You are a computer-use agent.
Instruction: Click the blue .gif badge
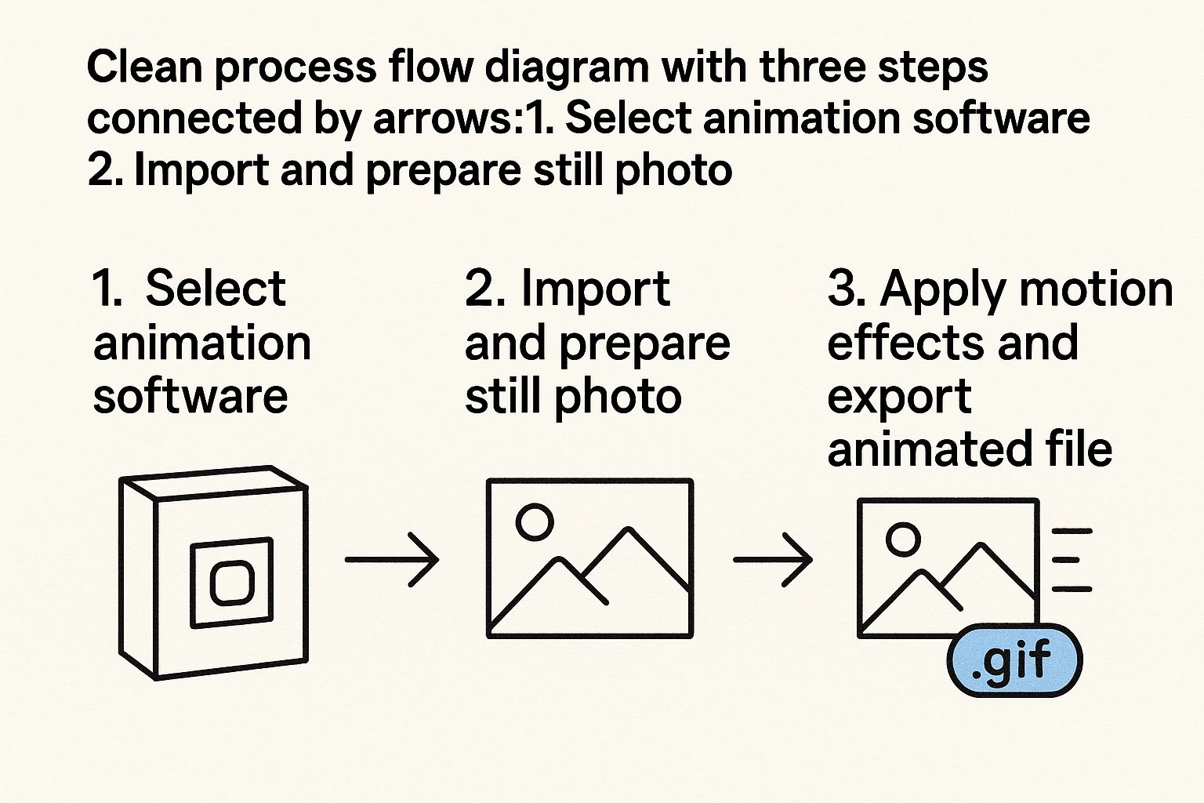click(x=1014, y=659)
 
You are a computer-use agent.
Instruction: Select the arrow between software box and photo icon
click(x=392, y=560)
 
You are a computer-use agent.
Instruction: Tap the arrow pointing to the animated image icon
click(x=773, y=560)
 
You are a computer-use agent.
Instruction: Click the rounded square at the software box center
click(x=232, y=583)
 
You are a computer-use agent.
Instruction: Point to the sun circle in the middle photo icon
click(x=535, y=521)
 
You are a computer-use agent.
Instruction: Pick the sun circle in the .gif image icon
click(x=903, y=539)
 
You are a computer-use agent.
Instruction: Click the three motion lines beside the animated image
click(x=1071, y=560)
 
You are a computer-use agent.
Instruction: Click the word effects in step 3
click(x=889, y=343)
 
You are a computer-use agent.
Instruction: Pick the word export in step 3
click(x=899, y=398)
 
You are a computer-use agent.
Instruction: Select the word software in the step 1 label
click(x=190, y=396)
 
